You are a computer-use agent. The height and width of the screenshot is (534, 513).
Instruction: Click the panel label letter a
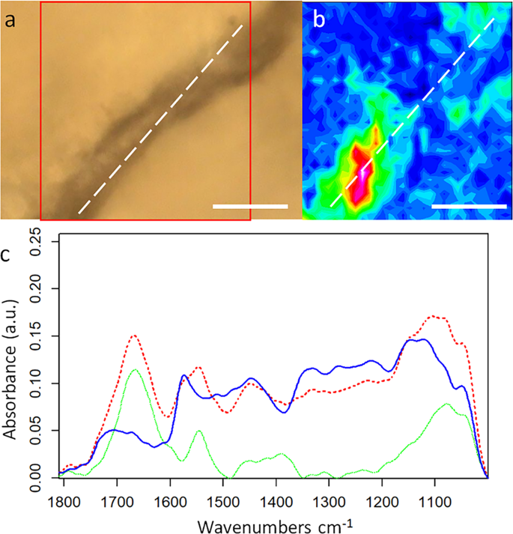[x=10, y=20]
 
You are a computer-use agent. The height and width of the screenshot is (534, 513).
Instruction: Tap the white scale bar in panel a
[x=250, y=205]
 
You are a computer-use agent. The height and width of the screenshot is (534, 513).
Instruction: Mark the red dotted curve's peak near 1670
[x=134, y=336]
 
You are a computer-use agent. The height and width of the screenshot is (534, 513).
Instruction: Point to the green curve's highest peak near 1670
[x=134, y=370]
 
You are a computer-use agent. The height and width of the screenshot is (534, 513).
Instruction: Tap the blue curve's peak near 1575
[x=184, y=374]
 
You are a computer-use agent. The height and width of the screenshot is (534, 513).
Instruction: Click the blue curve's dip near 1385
[x=285, y=412]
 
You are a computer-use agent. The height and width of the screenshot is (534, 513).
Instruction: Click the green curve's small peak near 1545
[x=199, y=431]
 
